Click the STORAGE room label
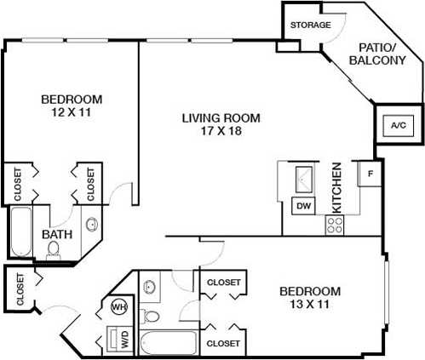(310, 26)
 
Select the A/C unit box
(398, 126)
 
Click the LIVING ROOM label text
(221, 118)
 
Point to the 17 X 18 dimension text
(221, 133)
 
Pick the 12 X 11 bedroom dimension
(72, 112)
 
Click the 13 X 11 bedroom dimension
(310, 304)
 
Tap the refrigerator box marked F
(370, 175)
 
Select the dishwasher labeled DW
(302, 205)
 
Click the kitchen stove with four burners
(334, 225)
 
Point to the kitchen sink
(304, 180)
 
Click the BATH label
(56, 234)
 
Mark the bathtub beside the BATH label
(20, 231)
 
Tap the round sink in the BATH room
(91, 226)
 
